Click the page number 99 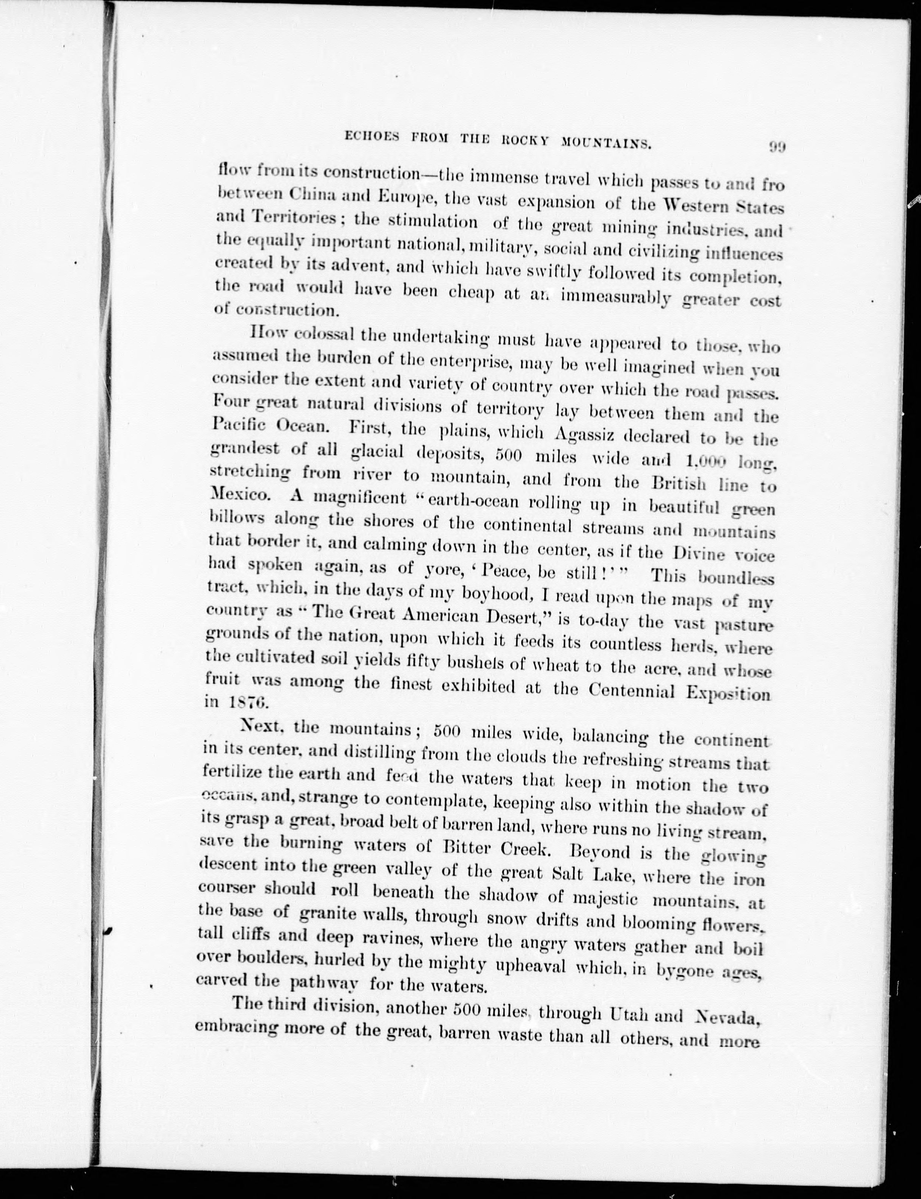pos(777,147)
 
